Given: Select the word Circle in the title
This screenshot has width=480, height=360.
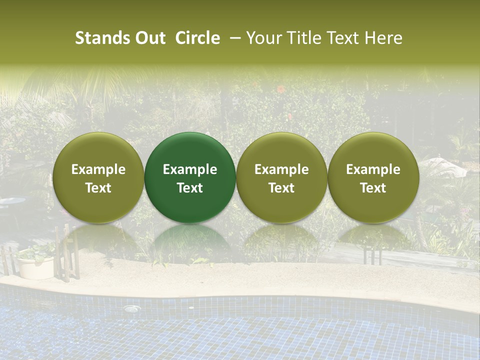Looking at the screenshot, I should (x=197, y=38).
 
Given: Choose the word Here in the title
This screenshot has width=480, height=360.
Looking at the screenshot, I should (x=383, y=38).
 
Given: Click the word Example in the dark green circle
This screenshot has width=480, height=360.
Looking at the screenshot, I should (x=190, y=169).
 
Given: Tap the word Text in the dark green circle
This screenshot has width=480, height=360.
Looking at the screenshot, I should (x=190, y=188).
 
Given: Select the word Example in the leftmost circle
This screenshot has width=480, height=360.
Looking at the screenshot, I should (x=98, y=169).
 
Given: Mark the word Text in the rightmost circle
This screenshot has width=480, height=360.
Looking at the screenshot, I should (x=373, y=188).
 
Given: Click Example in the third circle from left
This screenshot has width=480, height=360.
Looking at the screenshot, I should (x=281, y=169).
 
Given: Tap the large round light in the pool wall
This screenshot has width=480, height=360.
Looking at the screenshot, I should (x=131, y=309).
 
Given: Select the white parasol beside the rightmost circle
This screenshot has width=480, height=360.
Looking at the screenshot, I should (x=443, y=167).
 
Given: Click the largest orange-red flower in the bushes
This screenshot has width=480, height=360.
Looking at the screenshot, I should (x=281, y=89).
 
